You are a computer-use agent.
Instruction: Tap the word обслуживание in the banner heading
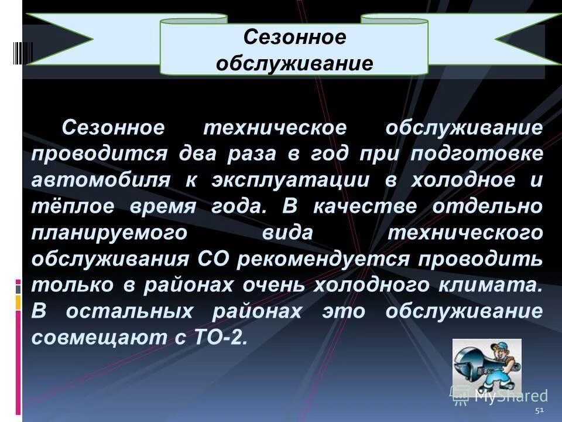click(x=294, y=63)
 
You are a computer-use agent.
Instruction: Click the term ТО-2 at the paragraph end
click(x=217, y=337)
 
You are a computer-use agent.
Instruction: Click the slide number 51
click(x=539, y=410)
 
